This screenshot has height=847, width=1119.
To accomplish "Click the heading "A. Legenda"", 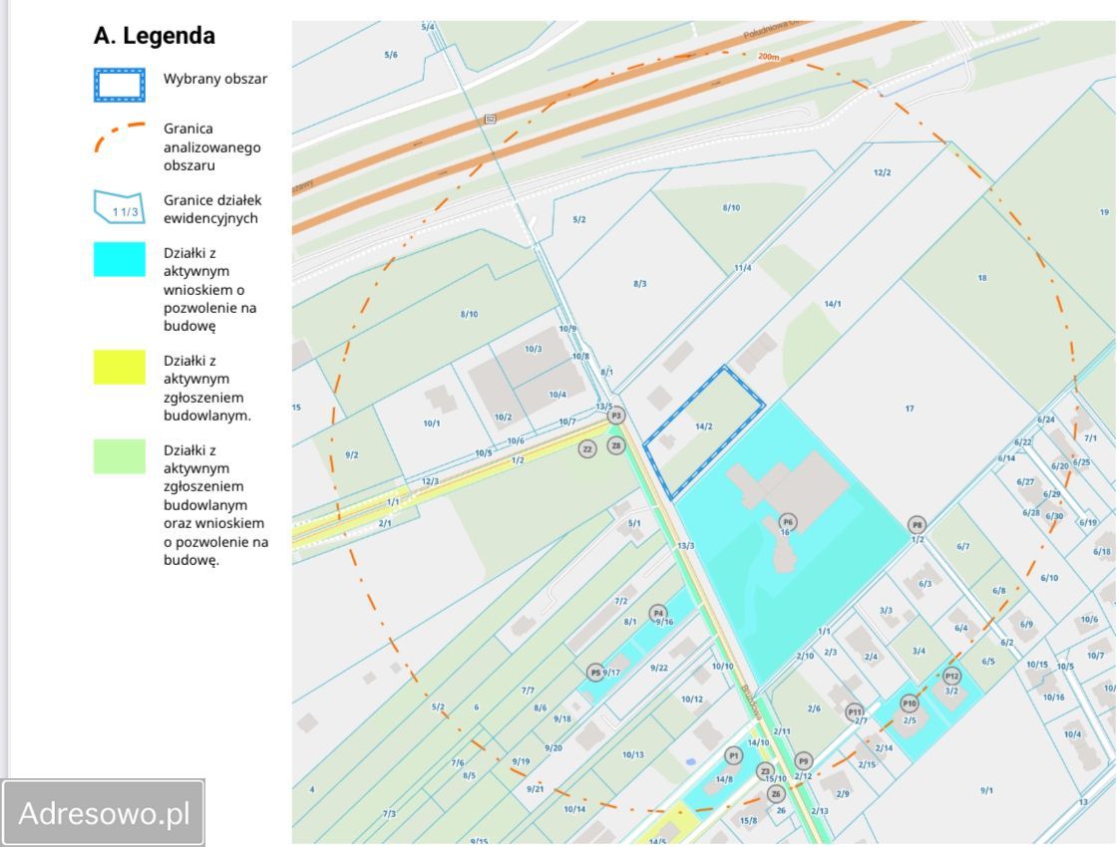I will pyautogui.click(x=154, y=36).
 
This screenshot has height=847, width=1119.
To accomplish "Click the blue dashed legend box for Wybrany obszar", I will pyautogui.click(x=119, y=86).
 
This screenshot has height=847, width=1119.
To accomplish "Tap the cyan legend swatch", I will pyautogui.click(x=119, y=259).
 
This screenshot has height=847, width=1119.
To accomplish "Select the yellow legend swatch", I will pyautogui.click(x=119, y=368).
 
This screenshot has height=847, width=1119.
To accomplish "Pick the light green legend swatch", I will pyautogui.click(x=119, y=456).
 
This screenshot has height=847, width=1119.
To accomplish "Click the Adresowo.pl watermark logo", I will pyautogui.click(x=105, y=813).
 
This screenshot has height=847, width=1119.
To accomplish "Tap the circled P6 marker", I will pyautogui.click(x=788, y=521).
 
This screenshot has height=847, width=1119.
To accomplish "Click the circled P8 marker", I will pyautogui.click(x=917, y=525).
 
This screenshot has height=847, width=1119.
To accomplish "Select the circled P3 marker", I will pyautogui.click(x=616, y=416).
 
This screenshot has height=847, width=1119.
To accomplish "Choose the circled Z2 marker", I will pyautogui.click(x=587, y=449).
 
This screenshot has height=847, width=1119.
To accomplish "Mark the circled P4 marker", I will pyautogui.click(x=657, y=613).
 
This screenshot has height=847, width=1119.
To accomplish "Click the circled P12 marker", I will pyautogui.click(x=951, y=677).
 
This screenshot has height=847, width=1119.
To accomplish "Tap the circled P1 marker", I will pyautogui.click(x=734, y=755).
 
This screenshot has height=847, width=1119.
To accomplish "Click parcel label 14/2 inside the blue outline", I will pyautogui.click(x=704, y=426).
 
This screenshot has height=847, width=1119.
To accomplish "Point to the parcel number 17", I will pyautogui.click(x=910, y=408).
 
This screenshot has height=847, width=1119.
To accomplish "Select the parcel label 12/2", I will pyautogui.click(x=882, y=172).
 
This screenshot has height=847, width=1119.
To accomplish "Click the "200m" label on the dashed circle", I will pyautogui.click(x=768, y=57).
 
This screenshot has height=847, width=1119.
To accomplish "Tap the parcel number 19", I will pyautogui.click(x=1104, y=212).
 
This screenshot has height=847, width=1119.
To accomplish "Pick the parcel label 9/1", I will pyautogui.click(x=986, y=790).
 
